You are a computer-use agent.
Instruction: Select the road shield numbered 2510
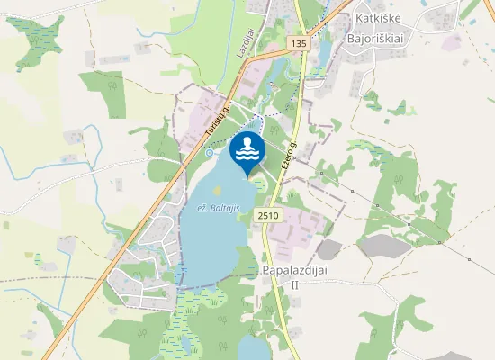click(x=268, y=215)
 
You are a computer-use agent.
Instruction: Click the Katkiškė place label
click(x=382, y=17)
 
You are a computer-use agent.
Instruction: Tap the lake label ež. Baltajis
click(x=218, y=208)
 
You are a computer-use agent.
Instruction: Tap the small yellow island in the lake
click(x=216, y=190)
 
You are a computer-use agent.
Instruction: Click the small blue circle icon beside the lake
click(x=210, y=153)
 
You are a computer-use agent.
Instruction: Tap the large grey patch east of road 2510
click(x=329, y=249)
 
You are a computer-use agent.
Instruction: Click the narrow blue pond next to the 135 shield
click(x=321, y=54)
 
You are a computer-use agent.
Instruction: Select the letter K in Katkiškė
click(x=359, y=17)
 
